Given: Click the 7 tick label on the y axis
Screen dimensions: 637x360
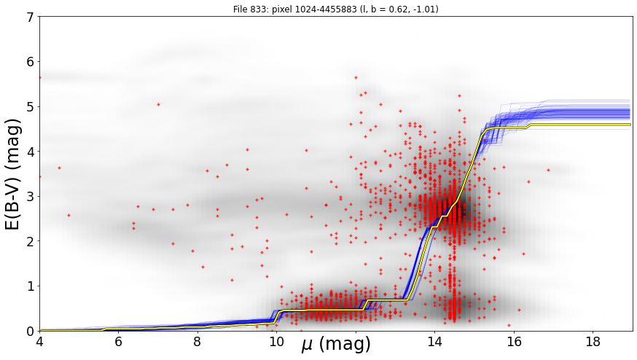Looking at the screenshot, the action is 31,17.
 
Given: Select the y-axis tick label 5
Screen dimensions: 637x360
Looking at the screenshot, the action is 31,107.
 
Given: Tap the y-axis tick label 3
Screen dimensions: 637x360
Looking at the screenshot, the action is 31,197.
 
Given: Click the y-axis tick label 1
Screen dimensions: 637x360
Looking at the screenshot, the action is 31,286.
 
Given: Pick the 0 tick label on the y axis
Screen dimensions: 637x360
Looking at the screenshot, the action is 31,331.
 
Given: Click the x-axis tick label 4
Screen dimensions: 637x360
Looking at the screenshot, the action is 39,341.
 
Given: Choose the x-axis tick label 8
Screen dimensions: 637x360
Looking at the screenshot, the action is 197,341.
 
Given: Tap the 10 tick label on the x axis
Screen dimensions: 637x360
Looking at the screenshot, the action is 276,341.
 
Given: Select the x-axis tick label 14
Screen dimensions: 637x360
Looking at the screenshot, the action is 434,341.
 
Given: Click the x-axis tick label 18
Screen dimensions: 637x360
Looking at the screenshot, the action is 593,341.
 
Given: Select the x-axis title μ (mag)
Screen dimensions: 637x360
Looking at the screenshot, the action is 336,345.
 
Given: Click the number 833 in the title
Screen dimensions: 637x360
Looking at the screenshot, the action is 255,9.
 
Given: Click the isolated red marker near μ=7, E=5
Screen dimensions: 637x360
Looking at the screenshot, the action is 158,104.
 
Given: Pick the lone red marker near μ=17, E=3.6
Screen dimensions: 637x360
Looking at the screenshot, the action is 548,171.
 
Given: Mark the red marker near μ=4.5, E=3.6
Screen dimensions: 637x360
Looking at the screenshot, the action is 59,168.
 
